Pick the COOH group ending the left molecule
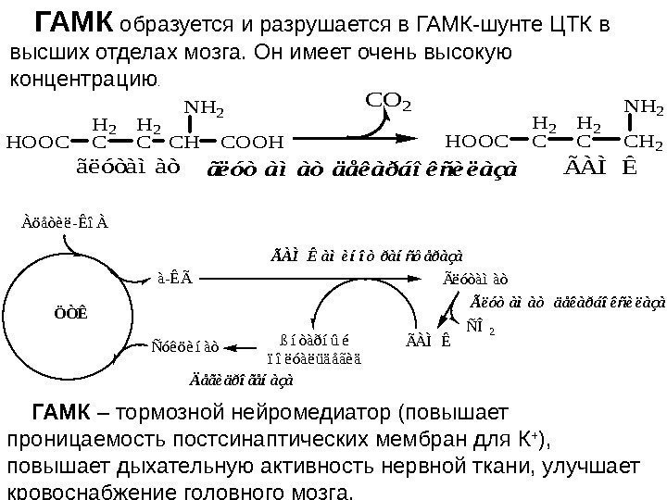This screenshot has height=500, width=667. [x=253, y=143]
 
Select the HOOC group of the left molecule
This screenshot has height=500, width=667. [x=36, y=143]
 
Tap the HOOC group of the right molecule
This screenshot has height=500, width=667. [x=476, y=142]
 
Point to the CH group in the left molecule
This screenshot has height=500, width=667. [x=184, y=143]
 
